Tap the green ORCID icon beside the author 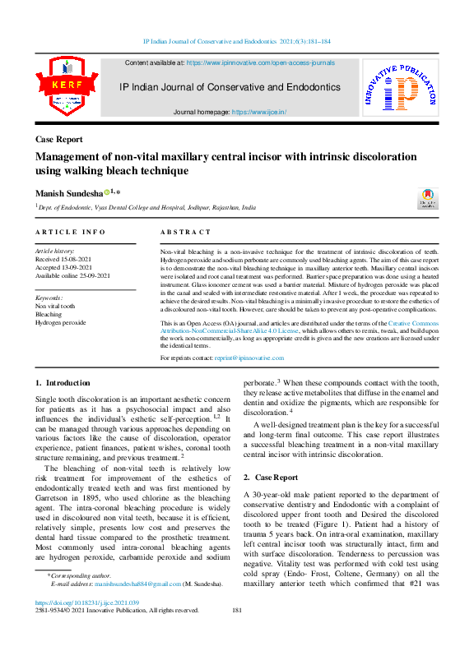pos(107,192)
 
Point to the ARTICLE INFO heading pos(70,233)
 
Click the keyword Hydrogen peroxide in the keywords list pos(60,323)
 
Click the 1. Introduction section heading pos(63,383)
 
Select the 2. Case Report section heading pos(271,477)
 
